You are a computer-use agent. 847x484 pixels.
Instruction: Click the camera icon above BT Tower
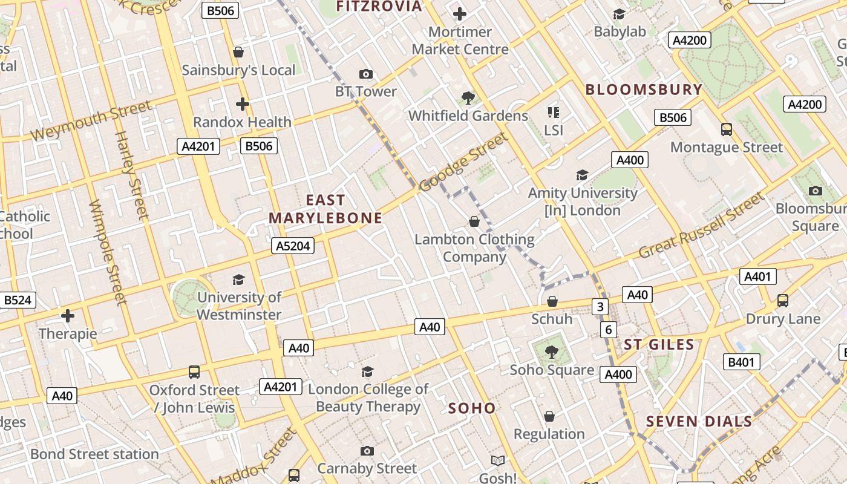tap(365, 74)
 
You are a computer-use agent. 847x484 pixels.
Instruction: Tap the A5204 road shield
tap(293, 245)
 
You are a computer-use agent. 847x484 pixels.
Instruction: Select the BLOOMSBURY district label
tap(644, 90)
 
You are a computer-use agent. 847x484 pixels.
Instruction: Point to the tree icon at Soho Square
tap(551, 352)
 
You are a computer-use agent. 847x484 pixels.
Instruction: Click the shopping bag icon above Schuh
tap(552, 301)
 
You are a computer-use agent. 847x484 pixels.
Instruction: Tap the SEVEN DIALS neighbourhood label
tap(699, 422)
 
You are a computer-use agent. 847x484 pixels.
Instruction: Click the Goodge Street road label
tap(464, 162)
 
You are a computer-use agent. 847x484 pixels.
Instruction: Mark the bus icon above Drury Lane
tap(782, 300)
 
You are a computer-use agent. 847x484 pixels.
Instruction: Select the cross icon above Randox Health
tap(243, 104)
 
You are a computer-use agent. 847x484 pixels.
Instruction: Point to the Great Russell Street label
tap(702, 224)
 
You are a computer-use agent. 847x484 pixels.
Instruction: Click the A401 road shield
tap(757, 276)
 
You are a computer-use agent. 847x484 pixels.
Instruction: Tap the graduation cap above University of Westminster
tap(238, 280)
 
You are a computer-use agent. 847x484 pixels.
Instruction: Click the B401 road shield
tap(742, 362)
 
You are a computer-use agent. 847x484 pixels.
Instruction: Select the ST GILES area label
tap(659, 345)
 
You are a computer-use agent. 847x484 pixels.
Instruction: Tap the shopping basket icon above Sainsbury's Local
tap(238, 52)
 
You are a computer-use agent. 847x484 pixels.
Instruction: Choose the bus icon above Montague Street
tap(726, 129)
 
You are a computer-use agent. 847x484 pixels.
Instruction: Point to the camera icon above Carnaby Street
tap(367, 451)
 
